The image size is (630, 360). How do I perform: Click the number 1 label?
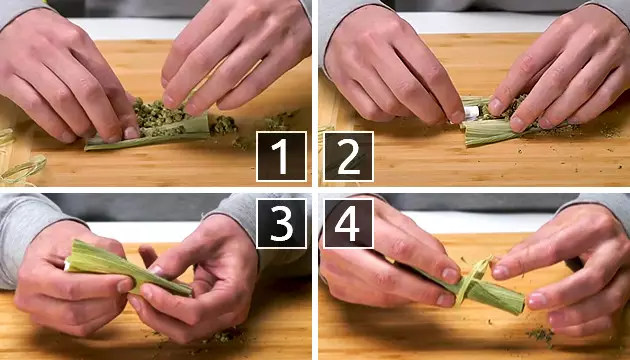coord(281,156)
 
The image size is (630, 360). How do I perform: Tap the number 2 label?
coord(348,156)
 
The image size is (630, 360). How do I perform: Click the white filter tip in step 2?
coord(469,114)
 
